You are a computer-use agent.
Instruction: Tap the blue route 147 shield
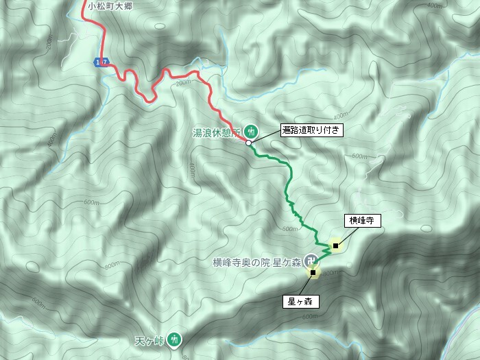(x=101, y=62)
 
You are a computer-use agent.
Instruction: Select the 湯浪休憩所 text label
(x=219, y=130)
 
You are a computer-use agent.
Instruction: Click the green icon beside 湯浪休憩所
(x=251, y=130)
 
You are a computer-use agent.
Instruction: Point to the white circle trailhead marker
(x=248, y=143)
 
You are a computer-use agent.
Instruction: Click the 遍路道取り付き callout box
(x=310, y=129)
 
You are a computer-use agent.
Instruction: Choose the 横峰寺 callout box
(x=361, y=220)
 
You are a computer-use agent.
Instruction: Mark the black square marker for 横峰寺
(x=335, y=245)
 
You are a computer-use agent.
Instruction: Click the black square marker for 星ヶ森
(x=313, y=273)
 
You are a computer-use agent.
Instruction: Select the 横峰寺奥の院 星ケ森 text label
(x=257, y=261)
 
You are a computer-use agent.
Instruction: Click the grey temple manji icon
(x=311, y=260)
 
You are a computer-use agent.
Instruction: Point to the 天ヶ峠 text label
(x=150, y=339)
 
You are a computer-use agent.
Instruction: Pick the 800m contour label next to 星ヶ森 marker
(x=330, y=274)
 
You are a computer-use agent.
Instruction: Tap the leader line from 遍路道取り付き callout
(x=265, y=136)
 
